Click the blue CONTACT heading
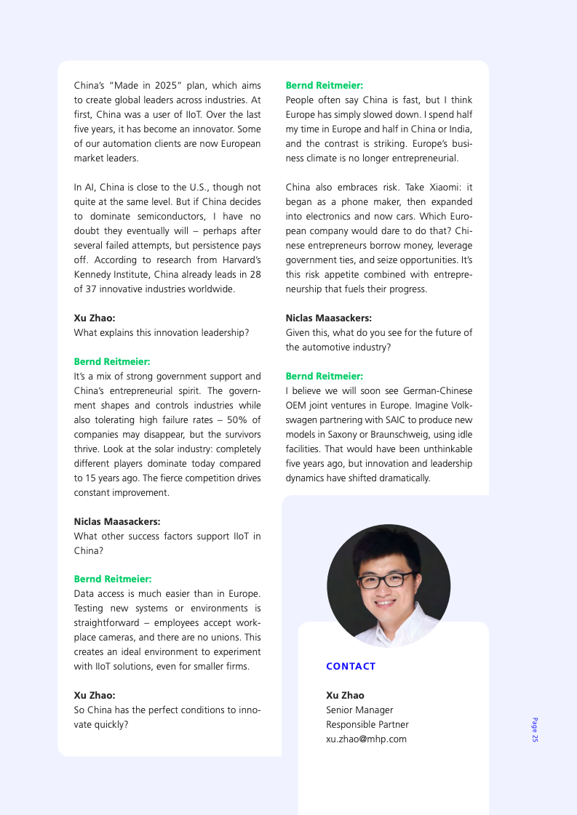pos(351,666)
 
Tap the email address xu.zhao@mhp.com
pos(366,739)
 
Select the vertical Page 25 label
pos(535,729)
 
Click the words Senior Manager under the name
pos(359,710)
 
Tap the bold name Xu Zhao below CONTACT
pos(345,695)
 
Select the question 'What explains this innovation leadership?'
pos(162,332)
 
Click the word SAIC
pos(386,419)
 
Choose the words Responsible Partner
pos(367,724)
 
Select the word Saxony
pos(346,434)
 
